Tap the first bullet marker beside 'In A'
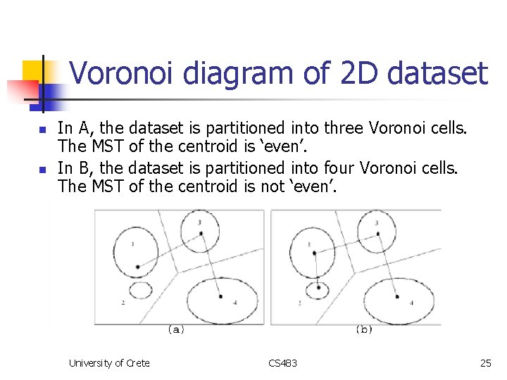(x=42, y=130)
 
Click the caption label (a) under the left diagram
(x=176, y=329)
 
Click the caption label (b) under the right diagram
(x=364, y=329)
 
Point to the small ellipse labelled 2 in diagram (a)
(x=140, y=289)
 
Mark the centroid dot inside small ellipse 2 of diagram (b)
(x=319, y=287)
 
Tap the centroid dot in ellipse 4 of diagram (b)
(x=397, y=297)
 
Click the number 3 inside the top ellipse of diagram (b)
(x=377, y=223)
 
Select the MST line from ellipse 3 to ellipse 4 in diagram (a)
(x=211, y=264)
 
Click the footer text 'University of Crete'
(x=108, y=363)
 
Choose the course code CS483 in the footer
(x=282, y=363)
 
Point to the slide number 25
(x=485, y=363)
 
